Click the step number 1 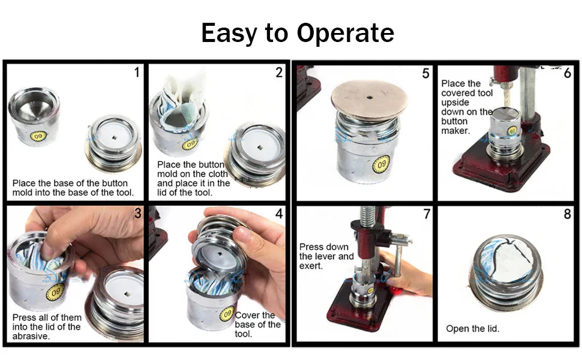coord(137,72)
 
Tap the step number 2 coord(279,72)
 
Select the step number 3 coord(138,214)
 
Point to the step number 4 coord(279,214)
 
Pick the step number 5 coord(426,73)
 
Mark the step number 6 coord(567,73)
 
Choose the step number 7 coord(427,214)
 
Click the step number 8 coord(567,214)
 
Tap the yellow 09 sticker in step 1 coord(38,136)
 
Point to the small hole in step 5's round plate coord(370,98)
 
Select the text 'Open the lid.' coord(473,328)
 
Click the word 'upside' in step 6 coord(455,103)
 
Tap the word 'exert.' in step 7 coord(311,266)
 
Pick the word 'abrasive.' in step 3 coord(31,336)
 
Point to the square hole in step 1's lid coord(115,137)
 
